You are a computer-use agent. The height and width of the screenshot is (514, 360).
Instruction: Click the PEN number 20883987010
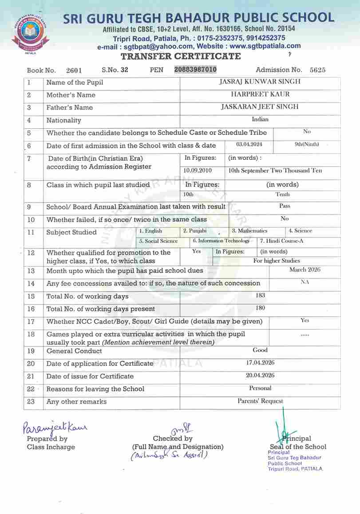click(x=196, y=69)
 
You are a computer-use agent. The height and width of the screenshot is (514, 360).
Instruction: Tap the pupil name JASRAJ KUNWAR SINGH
click(x=260, y=82)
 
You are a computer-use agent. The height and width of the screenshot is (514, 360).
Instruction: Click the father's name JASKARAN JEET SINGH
click(x=260, y=107)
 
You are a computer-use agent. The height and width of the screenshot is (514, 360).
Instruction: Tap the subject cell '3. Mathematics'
click(x=249, y=231)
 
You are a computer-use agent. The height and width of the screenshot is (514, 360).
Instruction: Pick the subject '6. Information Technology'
click(x=221, y=241)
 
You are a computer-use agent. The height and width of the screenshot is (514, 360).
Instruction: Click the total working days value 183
click(x=260, y=295)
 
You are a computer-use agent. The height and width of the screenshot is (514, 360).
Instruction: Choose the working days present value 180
click(x=260, y=308)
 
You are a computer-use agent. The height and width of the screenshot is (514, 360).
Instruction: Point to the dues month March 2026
click(x=305, y=269)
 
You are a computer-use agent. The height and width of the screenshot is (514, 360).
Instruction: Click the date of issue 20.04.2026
click(x=260, y=375)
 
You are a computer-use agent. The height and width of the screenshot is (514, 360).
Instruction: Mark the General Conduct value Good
click(x=260, y=350)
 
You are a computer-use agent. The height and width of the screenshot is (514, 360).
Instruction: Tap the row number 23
click(x=31, y=401)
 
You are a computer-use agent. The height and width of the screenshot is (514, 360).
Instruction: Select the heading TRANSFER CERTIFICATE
click(x=181, y=56)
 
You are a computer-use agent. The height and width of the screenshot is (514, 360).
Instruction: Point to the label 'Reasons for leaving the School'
click(x=95, y=389)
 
